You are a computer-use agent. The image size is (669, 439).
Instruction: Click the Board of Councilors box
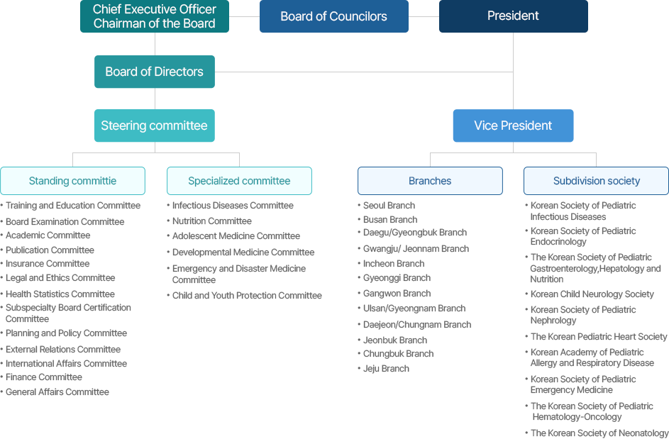(x=333, y=16)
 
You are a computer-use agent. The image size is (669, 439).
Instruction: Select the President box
(x=513, y=16)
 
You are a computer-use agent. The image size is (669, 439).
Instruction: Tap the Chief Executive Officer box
(x=154, y=16)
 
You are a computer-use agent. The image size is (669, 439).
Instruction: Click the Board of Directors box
(x=154, y=72)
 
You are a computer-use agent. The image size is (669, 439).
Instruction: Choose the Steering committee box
(x=154, y=126)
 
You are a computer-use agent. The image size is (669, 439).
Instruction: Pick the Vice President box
(x=513, y=126)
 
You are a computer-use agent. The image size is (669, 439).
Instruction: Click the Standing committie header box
(x=72, y=181)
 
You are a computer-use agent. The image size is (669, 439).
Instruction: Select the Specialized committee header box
(x=239, y=181)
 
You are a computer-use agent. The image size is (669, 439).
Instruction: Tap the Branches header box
(x=430, y=181)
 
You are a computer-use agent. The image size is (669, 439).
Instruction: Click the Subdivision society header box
(x=596, y=181)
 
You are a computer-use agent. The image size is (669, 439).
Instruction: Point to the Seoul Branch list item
(x=389, y=206)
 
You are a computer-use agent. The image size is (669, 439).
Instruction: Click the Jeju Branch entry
(x=386, y=369)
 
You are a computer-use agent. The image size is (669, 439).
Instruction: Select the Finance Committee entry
(x=44, y=377)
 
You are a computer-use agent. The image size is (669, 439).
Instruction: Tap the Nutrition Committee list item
(x=211, y=221)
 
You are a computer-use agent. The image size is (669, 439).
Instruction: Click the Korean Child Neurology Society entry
(x=592, y=294)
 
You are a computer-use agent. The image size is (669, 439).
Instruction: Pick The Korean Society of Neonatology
(x=599, y=433)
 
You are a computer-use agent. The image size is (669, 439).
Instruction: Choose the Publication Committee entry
(x=50, y=250)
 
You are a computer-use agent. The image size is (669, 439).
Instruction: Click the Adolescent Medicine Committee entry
(x=236, y=236)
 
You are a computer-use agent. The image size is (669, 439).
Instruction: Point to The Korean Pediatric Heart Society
(x=599, y=337)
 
